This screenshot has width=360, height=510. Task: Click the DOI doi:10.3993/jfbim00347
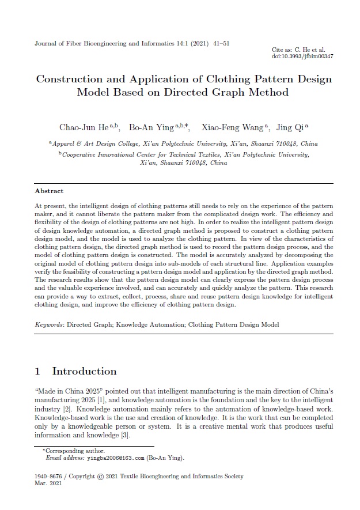(302, 56)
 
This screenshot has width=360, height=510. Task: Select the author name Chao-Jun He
(81, 127)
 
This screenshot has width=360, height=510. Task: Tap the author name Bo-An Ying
(148, 127)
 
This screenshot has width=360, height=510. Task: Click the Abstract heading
(49, 191)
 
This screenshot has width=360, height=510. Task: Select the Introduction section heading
(84, 371)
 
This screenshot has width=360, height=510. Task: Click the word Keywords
(49, 325)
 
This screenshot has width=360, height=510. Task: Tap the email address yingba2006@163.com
(115, 458)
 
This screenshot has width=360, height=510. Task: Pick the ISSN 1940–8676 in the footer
(50, 477)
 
